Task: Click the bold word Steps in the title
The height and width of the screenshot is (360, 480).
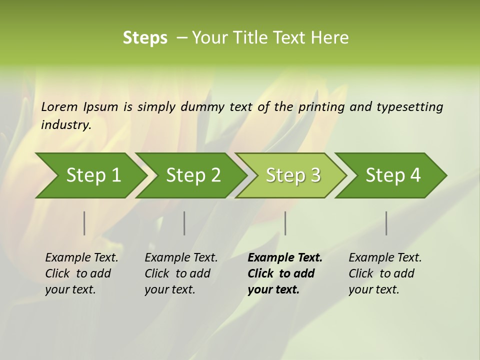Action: (x=145, y=38)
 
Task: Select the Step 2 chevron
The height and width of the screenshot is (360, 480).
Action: (x=193, y=175)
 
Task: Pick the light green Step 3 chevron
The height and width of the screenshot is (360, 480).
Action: (x=293, y=175)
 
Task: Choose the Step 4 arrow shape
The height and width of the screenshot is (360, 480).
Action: (x=393, y=175)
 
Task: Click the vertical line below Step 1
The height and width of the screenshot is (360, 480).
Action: (x=84, y=223)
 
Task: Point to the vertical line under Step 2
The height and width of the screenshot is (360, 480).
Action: (x=184, y=223)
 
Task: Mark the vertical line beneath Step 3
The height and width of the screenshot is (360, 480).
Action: (x=285, y=223)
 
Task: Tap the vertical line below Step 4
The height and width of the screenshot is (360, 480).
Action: (x=386, y=223)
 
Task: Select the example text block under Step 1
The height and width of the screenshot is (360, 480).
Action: (x=81, y=273)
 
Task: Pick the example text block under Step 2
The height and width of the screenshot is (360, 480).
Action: (x=181, y=273)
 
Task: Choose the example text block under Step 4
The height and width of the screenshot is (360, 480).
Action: (x=384, y=273)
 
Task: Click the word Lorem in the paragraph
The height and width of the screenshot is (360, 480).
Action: (x=59, y=106)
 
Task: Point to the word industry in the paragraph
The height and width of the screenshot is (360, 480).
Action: (x=66, y=125)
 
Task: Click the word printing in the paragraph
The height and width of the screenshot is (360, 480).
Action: (x=322, y=107)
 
